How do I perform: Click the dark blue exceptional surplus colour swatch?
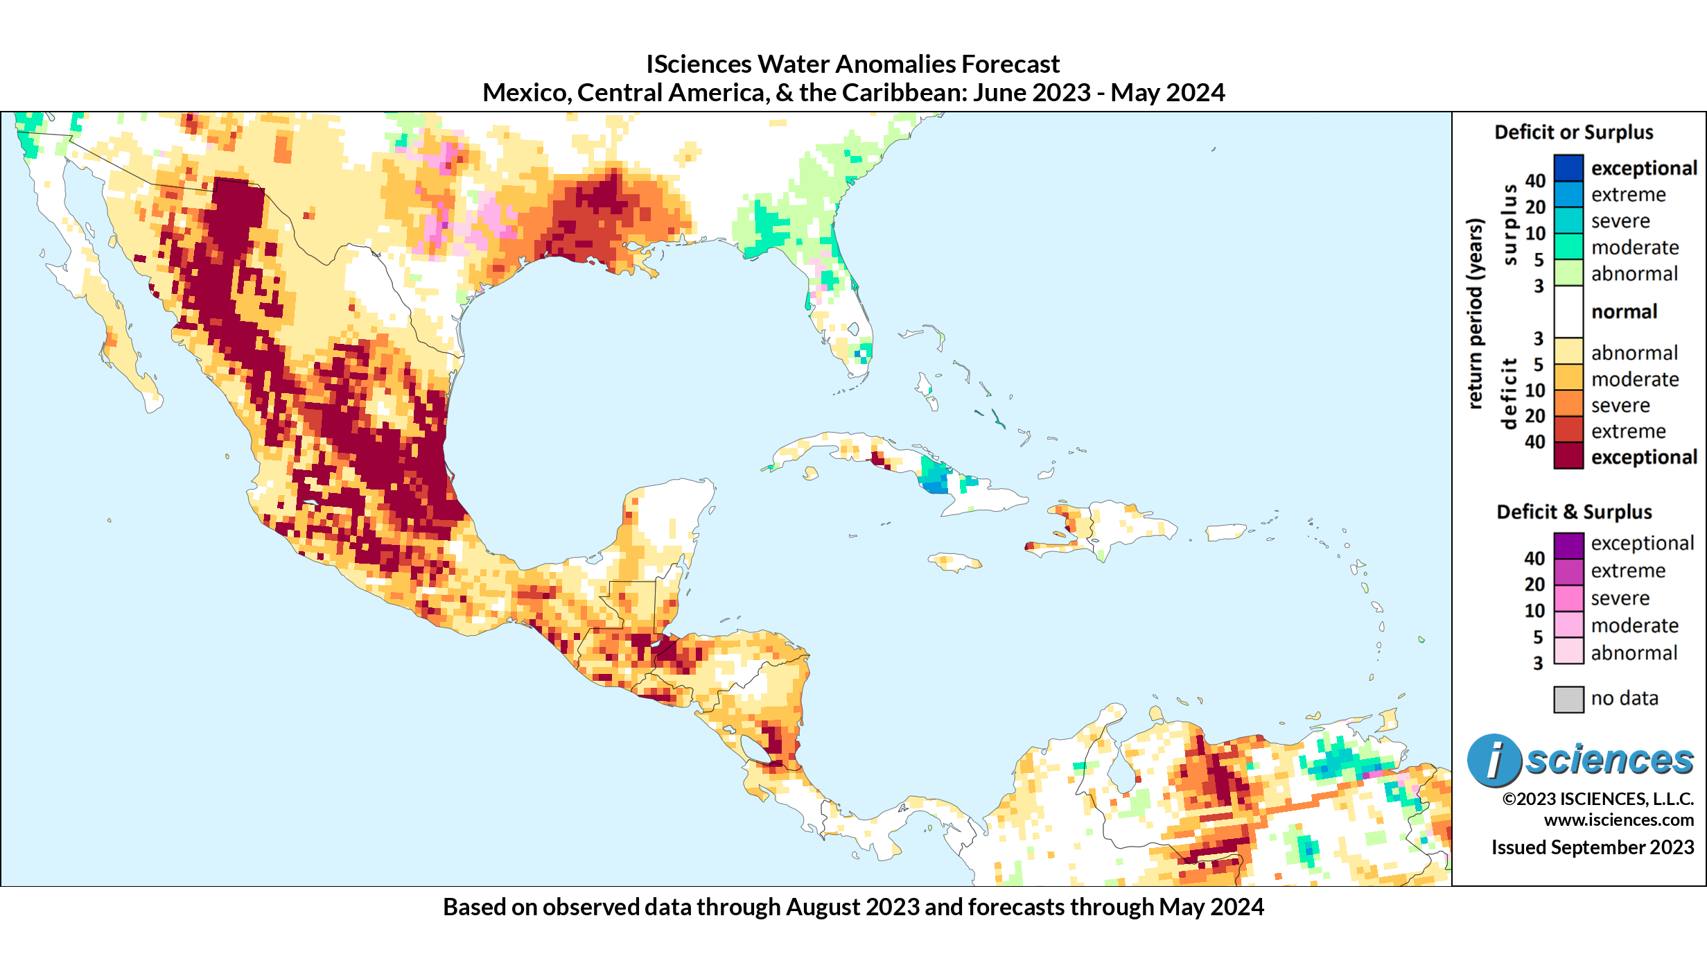pos(1568,168)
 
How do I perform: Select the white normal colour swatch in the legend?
pos(1568,311)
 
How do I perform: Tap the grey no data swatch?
pos(1568,699)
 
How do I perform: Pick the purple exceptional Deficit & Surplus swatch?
pos(1568,545)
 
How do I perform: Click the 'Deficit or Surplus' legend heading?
pos(1573,132)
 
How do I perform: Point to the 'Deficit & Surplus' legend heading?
pos(1574,512)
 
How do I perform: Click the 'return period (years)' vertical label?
pos(1475,313)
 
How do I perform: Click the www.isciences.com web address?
pos(1618,820)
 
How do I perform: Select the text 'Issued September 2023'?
pos(1592,847)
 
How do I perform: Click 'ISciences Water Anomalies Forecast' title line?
pos(852,64)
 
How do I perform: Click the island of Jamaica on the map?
pos(954,562)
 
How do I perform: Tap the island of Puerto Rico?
pos(1225,533)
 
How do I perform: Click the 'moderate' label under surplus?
pos(1634,248)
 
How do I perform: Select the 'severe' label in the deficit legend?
pos(1620,405)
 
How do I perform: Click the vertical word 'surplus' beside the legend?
pos(1509,225)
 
